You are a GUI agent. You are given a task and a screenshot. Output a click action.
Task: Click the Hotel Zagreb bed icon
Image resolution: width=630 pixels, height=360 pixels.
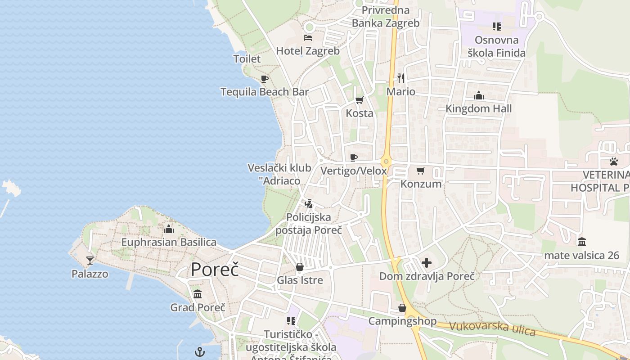coord(308,37)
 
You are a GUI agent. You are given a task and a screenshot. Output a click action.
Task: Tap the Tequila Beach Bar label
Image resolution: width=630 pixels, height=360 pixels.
coord(265,92)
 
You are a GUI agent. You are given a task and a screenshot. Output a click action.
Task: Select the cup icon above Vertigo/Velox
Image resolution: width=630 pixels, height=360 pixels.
coord(354,157)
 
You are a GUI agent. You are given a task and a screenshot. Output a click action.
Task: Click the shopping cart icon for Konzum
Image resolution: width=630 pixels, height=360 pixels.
coord(421,171)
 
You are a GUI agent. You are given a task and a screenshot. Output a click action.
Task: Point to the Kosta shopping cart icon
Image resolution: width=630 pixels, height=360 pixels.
coord(359,100)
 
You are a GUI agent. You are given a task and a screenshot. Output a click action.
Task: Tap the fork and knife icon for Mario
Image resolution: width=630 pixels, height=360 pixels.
coord(401,78)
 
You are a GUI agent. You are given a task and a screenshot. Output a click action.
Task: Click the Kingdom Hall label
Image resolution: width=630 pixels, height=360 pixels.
coord(479,108)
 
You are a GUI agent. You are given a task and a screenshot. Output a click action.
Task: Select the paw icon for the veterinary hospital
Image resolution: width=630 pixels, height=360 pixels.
coord(614,161)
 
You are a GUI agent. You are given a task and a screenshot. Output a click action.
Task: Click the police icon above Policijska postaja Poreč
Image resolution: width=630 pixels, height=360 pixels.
coord(308,204)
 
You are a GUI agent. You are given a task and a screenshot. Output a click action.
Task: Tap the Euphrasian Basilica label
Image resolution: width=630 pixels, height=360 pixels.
coord(169,242)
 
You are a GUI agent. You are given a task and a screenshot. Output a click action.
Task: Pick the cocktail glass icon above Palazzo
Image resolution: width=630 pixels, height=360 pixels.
coord(90,260)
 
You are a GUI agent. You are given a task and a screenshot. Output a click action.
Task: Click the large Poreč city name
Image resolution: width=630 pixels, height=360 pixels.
coord(215,269)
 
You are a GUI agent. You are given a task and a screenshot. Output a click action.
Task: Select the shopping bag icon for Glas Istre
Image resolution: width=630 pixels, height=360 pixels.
coord(300,267)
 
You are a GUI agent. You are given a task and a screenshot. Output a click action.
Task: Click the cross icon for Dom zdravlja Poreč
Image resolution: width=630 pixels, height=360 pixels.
coord(427,263)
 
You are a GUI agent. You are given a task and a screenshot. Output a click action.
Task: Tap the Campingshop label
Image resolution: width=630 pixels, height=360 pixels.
coord(402,321)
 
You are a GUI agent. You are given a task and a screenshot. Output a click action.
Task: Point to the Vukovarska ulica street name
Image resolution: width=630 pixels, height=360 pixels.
coord(492,328)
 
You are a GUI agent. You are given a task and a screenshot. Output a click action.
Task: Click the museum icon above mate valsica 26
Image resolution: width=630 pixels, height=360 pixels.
coord(582,242)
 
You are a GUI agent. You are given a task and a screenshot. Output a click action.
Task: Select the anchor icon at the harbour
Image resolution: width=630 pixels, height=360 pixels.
coord(200,352)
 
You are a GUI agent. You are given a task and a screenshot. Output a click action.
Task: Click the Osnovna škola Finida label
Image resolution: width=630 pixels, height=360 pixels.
coord(496,46)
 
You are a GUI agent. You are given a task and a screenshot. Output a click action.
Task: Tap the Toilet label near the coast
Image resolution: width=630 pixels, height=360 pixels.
coord(247,58)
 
